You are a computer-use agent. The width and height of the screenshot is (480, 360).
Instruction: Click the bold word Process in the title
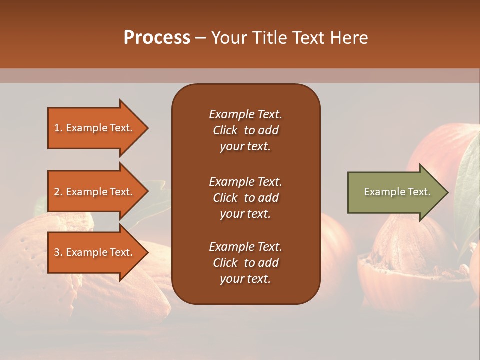(x=157, y=38)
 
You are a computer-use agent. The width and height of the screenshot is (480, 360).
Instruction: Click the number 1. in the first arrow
(x=58, y=128)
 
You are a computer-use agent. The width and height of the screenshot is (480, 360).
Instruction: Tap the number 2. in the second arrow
(x=58, y=192)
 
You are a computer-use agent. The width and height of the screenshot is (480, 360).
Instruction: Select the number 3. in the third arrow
(x=58, y=252)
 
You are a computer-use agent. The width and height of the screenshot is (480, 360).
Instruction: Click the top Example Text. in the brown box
(x=245, y=114)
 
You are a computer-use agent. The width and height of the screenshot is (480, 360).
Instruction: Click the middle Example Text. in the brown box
(x=245, y=181)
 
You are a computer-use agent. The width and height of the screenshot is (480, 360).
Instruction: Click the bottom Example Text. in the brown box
(x=245, y=247)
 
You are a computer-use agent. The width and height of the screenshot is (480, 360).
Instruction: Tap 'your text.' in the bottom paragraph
(x=245, y=279)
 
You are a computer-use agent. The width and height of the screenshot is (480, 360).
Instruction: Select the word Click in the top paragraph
(x=225, y=130)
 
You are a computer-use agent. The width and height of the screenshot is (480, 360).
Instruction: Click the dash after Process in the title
(x=200, y=38)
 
